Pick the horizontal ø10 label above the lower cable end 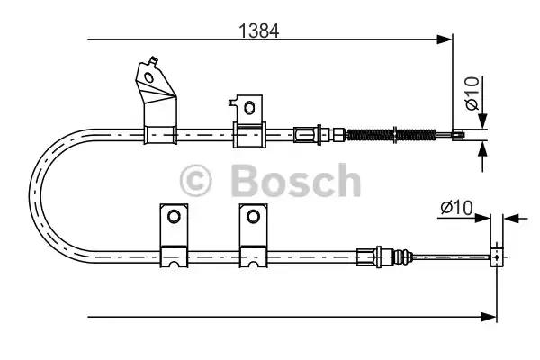click(x=457, y=208)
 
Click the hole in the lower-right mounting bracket click(x=252, y=216)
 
